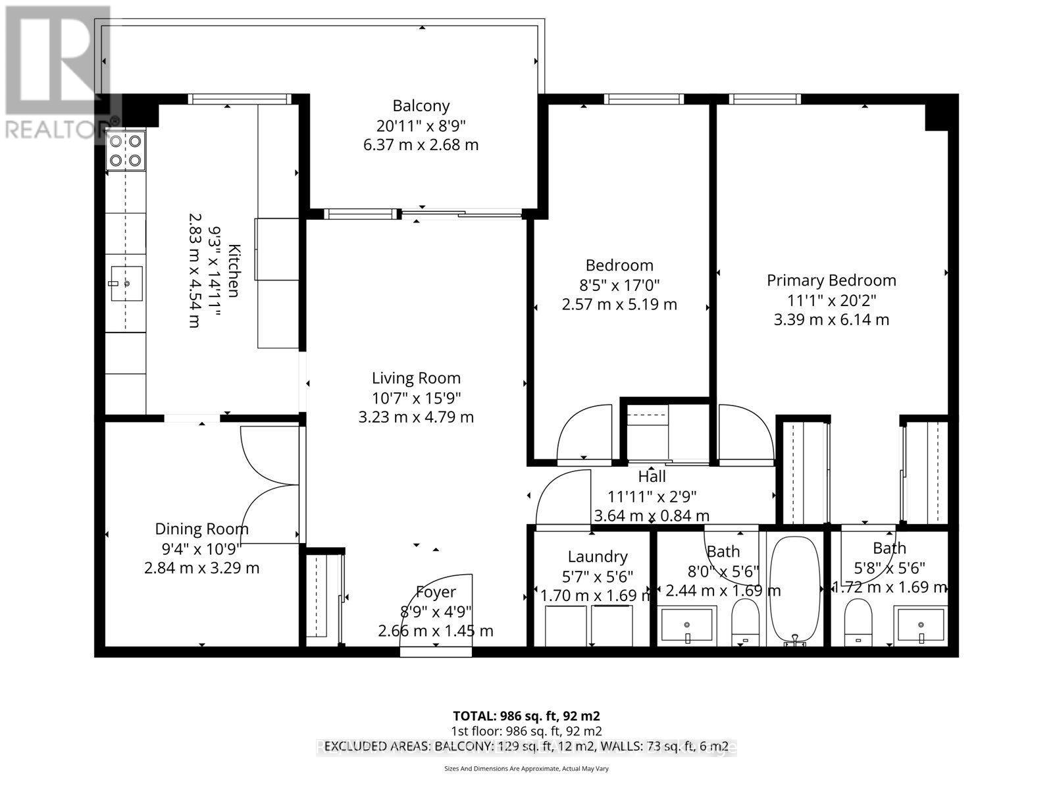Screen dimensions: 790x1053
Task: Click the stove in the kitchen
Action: (126, 149)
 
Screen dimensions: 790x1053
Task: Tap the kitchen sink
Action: (126, 284)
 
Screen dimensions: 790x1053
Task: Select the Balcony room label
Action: (421, 105)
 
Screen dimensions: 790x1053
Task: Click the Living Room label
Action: (416, 378)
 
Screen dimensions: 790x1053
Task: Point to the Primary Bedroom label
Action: (831, 280)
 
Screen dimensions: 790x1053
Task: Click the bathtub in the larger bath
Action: (795, 588)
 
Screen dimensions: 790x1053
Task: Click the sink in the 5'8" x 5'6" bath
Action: (920, 624)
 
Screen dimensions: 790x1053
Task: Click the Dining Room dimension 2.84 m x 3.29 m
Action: (201, 567)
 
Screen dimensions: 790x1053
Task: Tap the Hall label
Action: (652, 477)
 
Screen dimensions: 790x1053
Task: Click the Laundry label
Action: (597, 557)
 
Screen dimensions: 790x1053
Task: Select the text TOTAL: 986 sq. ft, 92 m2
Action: (526, 716)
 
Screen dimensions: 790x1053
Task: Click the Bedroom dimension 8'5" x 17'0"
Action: (619, 285)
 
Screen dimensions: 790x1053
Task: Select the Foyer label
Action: (436, 592)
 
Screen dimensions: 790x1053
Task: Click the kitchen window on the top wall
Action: (240, 99)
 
